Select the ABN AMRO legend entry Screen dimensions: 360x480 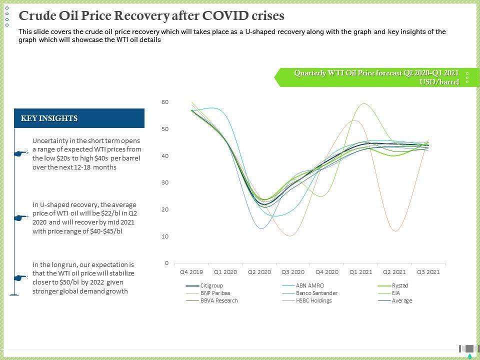click(309, 285)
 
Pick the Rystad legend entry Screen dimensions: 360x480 click(400, 285)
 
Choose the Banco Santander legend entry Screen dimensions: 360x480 click(316, 293)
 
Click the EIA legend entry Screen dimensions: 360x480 click(396, 293)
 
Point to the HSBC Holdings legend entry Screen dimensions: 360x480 click(313, 300)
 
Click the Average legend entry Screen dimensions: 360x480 click(402, 300)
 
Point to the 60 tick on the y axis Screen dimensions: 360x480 click(165, 102)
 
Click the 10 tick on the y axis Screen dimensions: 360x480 click(165, 236)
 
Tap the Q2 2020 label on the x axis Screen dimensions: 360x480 click(259, 272)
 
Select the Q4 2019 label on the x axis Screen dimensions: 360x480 click(191, 272)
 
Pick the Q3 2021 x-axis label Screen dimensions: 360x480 click(428, 272)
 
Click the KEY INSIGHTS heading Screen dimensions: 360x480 click(49, 118)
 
